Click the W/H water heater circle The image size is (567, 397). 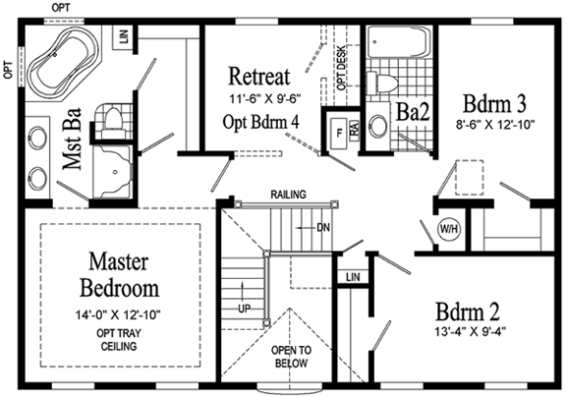pos(449,229)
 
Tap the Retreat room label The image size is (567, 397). pos(259,77)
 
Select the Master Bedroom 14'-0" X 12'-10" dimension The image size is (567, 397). pos(118,314)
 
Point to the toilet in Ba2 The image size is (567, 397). pos(381,83)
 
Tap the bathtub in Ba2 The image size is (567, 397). pos(399,41)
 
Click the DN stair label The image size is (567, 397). pos(323,228)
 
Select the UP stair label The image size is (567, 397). pos(244,310)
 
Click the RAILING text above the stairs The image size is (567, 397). pos(289,195)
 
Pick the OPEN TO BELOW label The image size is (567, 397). pos(291,357)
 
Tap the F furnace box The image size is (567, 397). pos(339,133)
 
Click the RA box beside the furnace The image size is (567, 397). pos(354,129)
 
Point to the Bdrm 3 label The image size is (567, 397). pos(494,104)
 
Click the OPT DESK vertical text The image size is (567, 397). pos(341,69)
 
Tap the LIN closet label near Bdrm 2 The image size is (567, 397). pos(353,277)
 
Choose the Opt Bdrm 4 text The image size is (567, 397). pos(260,122)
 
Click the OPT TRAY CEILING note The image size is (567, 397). pos(119,339)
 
